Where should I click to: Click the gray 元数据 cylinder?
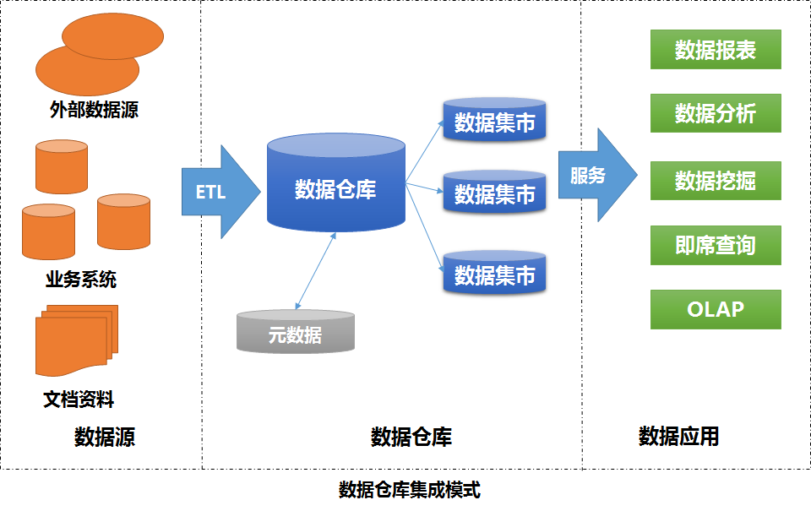click(296, 332)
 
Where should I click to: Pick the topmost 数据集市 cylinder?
click(495, 120)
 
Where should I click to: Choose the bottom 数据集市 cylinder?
click(495, 272)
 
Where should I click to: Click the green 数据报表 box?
click(716, 50)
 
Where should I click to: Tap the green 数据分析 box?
click(716, 114)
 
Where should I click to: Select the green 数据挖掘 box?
click(716, 181)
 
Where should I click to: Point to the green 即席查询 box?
click(716, 246)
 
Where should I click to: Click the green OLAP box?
click(716, 309)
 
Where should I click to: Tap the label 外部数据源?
click(94, 109)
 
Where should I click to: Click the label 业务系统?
click(81, 280)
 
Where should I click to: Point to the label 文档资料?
click(79, 399)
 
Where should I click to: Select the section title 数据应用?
click(678, 437)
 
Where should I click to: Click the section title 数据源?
click(105, 437)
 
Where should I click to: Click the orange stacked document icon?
click(74, 343)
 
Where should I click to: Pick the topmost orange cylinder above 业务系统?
click(62, 166)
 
